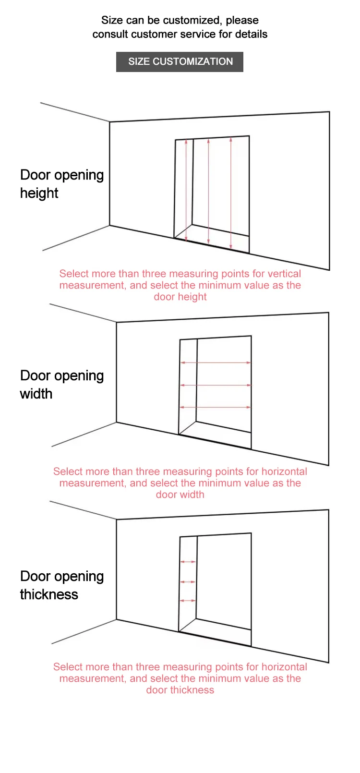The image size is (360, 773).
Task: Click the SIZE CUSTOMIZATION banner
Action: click(x=180, y=62)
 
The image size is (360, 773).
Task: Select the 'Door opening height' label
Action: click(x=62, y=184)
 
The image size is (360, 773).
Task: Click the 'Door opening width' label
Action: click(x=62, y=385)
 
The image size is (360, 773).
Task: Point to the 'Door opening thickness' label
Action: click(x=62, y=585)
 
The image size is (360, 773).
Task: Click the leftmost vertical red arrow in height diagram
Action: click(x=186, y=190)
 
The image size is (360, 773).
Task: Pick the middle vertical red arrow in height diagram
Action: click(x=208, y=192)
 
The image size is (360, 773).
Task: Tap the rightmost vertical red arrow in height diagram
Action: click(x=231, y=193)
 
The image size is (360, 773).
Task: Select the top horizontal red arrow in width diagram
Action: click(x=216, y=362)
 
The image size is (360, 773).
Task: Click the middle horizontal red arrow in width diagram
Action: click(x=216, y=385)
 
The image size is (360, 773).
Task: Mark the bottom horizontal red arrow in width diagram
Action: click(x=216, y=407)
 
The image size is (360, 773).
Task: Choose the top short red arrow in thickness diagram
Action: click(x=188, y=561)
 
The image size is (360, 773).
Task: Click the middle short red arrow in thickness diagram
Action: click(x=188, y=582)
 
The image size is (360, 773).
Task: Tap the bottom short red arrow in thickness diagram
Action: click(x=188, y=601)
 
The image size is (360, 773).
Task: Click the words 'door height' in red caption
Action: click(x=180, y=297)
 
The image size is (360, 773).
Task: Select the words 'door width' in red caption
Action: click(x=180, y=495)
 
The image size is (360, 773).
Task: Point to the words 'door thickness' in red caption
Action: click(x=180, y=690)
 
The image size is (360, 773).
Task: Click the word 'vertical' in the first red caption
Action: click(x=284, y=274)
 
